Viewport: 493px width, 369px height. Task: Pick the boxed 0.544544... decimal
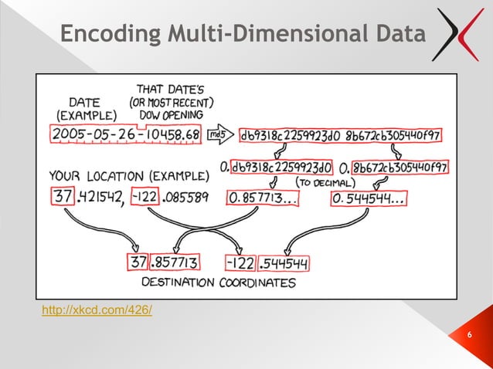pyautogui.click(x=369, y=199)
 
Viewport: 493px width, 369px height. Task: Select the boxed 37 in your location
pyautogui.click(x=61, y=198)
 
